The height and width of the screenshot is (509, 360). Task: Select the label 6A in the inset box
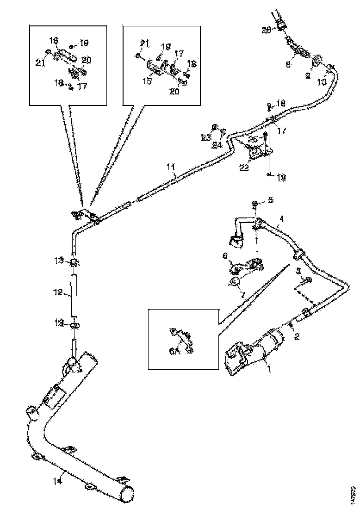pos(174,352)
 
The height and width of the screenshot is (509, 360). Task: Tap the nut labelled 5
pos(255,204)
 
